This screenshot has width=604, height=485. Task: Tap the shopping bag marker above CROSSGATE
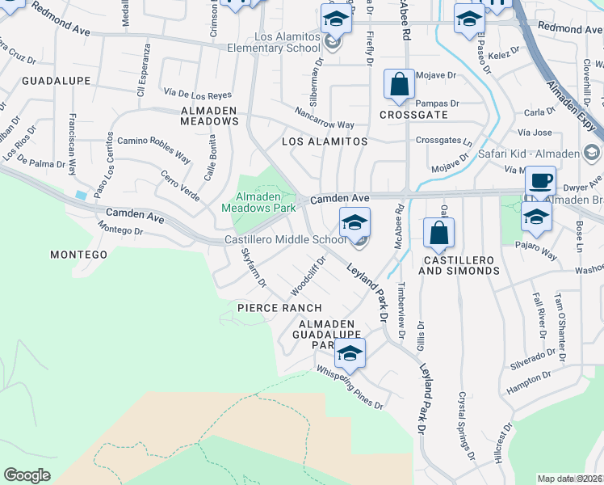(399, 84)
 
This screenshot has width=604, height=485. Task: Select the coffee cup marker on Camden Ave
(540, 181)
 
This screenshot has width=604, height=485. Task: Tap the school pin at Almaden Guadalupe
(350, 353)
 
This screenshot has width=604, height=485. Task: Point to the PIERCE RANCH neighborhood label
(279, 308)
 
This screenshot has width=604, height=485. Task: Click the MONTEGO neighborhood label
(78, 255)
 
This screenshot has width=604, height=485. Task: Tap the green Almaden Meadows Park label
(258, 201)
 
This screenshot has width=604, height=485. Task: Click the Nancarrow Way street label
(324, 119)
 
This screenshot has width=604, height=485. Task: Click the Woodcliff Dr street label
(308, 276)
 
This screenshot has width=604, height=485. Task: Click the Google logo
(27, 475)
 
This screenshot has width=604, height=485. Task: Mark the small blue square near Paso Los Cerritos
(82, 195)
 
